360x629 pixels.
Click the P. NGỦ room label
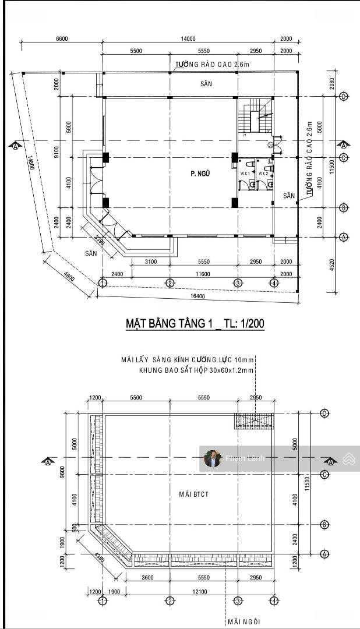pos(200,173)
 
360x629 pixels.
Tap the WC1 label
pos(245,173)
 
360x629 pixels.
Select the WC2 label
pos(263,173)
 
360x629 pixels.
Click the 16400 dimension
pos(197,296)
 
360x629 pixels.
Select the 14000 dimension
pos(188,38)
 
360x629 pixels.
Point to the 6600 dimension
pos(62,38)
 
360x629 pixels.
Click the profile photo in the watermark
pos(213,458)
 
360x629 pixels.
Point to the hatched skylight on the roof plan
pos(254,420)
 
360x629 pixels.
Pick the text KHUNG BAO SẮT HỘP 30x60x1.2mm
pos(196,370)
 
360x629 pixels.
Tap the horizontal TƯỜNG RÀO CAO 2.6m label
pos(210,65)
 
